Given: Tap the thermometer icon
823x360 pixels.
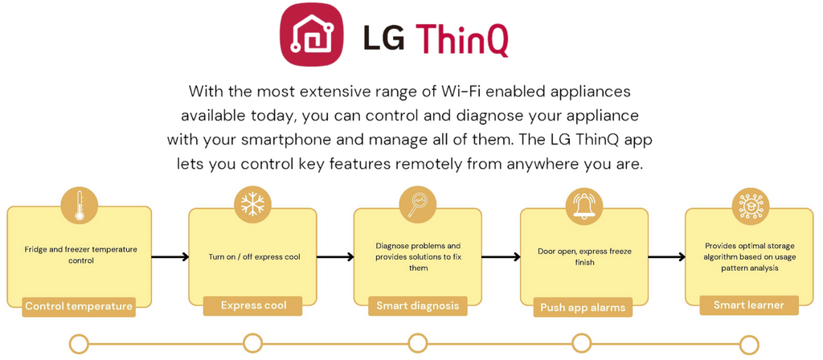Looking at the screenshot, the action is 79,205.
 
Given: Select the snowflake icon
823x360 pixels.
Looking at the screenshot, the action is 252,204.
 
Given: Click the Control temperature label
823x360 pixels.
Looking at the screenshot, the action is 79,306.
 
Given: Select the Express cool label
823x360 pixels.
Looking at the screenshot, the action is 253,305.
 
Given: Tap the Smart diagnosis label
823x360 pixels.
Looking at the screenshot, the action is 418,305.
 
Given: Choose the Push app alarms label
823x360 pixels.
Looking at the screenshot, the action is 583,307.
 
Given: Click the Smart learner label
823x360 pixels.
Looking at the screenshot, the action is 749,305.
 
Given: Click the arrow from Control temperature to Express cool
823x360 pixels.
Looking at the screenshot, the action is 170,257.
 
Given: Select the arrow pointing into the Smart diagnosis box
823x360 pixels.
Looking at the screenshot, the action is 335,257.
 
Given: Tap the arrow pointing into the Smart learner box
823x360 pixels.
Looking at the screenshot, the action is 666,257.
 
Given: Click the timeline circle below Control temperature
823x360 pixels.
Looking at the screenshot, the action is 80,344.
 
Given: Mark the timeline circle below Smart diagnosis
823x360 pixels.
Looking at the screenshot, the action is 417,344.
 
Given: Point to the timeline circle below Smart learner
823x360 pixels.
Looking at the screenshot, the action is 749,345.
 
